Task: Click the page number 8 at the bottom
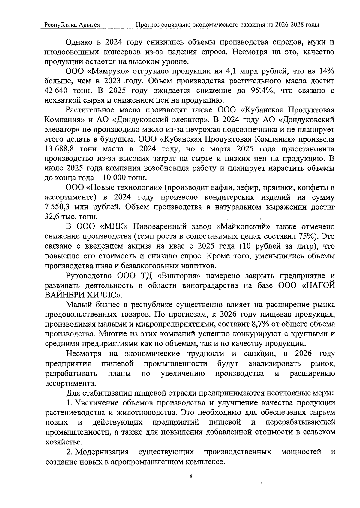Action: point(191,476)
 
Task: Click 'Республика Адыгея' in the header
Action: point(72,25)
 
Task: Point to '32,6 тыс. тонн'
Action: point(71,217)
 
